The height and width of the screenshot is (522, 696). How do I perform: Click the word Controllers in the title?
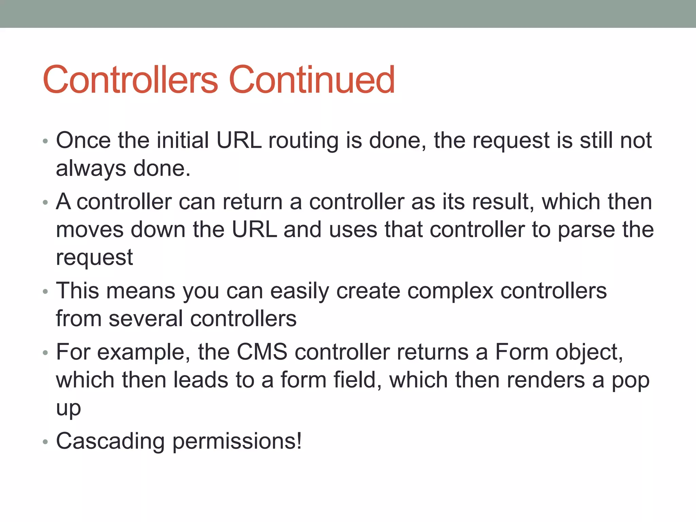[130, 80]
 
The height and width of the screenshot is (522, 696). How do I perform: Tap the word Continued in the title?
[312, 80]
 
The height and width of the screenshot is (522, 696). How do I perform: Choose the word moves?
[90, 230]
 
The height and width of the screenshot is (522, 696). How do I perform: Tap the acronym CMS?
[262, 352]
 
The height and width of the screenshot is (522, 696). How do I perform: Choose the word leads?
[201, 380]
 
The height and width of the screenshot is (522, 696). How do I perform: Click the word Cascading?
[110, 441]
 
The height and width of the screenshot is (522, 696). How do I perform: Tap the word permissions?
[237, 441]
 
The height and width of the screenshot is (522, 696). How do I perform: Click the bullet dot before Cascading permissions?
[46, 442]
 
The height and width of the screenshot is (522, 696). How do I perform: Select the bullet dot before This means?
[46, 292]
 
